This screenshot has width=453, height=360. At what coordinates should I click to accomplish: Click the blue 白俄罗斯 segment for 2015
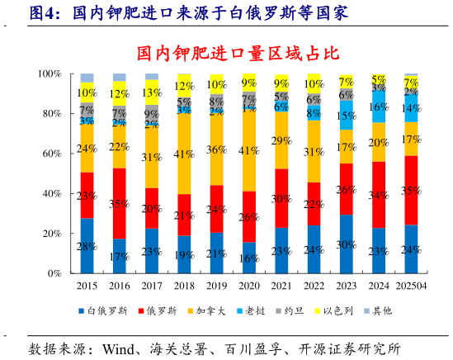[86, 246]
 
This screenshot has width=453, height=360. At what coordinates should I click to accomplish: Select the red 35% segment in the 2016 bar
[119, 203]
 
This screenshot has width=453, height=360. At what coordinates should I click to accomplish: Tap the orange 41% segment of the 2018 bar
[184, 154]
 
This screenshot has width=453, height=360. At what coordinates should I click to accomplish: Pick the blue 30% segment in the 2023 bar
[347, 244]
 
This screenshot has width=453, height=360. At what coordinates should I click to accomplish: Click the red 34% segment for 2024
[379, 195]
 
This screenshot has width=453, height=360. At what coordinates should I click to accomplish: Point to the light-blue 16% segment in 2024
[379, 107]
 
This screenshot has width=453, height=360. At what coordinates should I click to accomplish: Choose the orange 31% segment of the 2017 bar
[151, 156]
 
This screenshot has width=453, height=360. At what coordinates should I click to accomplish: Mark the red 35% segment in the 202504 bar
[411, 191]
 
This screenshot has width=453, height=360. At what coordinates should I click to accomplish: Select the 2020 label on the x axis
[248, 286]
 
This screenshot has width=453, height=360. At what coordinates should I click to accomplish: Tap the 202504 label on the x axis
[411, 286]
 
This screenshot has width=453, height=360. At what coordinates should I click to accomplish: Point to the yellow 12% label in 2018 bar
[184, 86]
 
